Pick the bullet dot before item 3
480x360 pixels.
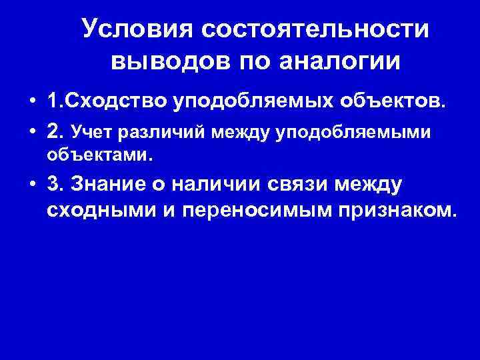pyautogui.click(x=31, y=185)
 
